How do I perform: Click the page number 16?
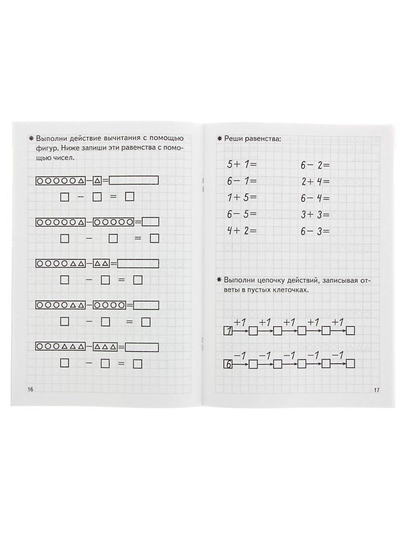click(31, 389)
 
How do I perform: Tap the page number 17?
click(376, 390)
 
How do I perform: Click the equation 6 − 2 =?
click(315, 165)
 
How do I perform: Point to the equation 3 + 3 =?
click(315, 215)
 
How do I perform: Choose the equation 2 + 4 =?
click(315, 181)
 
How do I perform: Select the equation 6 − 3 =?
click(315, 231)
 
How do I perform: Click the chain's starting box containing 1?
click(228, 331)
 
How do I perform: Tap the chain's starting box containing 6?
click(228, 364)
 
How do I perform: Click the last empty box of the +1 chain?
click(351, 331)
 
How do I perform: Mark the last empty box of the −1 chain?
click(351, 364)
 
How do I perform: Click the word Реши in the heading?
click(234, 139)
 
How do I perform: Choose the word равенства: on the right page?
click(265, 139)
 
